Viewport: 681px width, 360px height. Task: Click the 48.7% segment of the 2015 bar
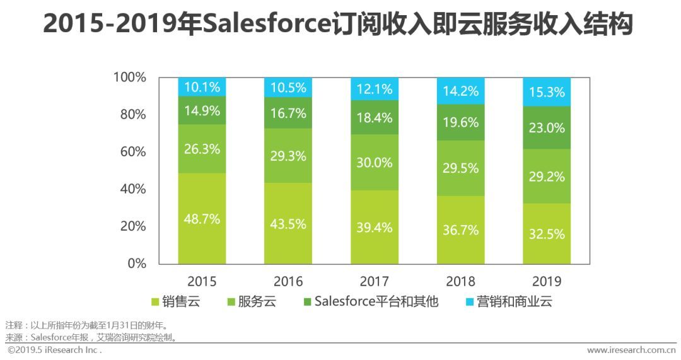202,219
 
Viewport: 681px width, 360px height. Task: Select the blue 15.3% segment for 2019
547,92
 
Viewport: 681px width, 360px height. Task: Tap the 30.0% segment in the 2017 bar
375,162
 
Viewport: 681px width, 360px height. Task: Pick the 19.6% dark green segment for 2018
460,122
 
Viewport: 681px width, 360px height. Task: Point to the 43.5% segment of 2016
288,223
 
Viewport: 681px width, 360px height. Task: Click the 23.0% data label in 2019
547,127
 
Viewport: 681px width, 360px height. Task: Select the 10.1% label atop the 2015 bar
202,87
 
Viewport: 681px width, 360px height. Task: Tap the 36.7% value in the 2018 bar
460,230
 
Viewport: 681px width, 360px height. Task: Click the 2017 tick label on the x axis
375,281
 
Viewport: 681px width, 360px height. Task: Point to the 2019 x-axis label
547,281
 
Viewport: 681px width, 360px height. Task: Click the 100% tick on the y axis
129,78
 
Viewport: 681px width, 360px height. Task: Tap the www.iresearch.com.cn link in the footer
631,350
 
